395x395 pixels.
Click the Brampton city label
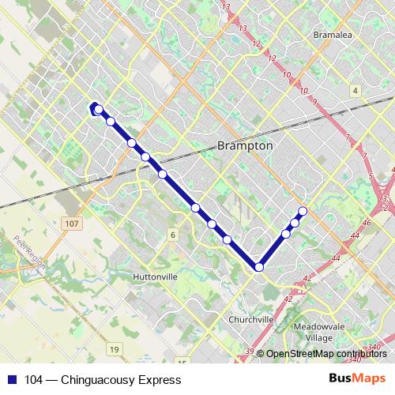tap(244, 146)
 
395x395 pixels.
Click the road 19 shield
tap(115, 349)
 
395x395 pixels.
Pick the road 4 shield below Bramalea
tap(355, 91)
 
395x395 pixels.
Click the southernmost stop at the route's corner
tap(259, 268)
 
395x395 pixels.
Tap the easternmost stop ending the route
tap(303, 210)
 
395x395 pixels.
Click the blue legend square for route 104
tap(10, 380)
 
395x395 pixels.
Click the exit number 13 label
tap(226, 8)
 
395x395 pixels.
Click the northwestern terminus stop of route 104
tap(97, 109)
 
